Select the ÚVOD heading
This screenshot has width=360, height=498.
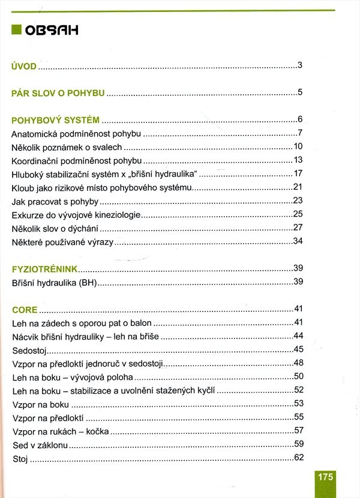(x=25, y=66)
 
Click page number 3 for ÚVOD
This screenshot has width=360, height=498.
(x=299, y=65)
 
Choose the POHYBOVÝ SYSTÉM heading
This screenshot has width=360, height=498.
(x=55, y=119)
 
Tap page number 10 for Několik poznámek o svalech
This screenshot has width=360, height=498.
(x=297, y=146)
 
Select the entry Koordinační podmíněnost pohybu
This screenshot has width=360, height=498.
(x=76, y=160)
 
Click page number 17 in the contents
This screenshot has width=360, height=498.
(x=297, y=173)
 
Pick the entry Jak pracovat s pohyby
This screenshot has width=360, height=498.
(x=55, y=201)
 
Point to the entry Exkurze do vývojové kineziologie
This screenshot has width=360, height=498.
(x=76, y=215)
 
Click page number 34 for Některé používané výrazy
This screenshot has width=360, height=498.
(x=297, y=241)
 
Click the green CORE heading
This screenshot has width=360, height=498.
(x=25, y=310)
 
